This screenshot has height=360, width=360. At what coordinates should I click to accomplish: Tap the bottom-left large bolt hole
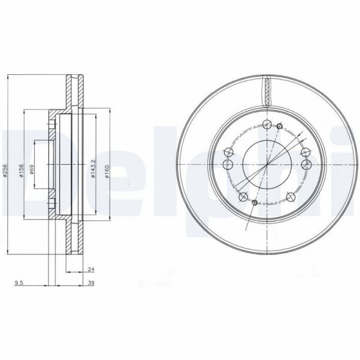point(243,197)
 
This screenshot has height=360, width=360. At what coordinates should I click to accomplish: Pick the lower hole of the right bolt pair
point(306,164)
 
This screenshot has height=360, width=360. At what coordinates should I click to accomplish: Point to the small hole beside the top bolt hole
point(279,126)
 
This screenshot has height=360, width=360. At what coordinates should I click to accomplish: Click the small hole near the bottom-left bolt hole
point(255,204)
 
